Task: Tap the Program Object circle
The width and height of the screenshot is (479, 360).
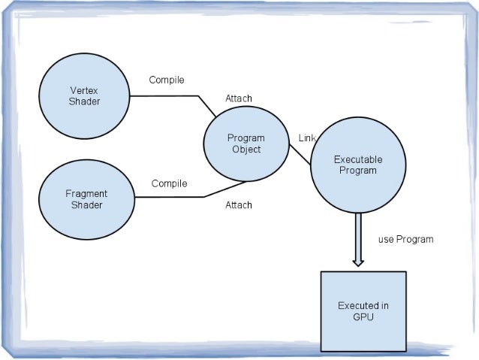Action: [x=246, y=144]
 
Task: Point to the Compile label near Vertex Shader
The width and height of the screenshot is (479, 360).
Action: [x=167, y=80]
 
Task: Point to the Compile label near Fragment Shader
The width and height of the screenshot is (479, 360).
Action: [x=169, y=183]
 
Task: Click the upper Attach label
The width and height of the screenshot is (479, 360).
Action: [x=239, y=98]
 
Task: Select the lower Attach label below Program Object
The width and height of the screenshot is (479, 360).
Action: [x=239, y=205]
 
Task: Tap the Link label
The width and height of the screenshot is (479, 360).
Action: [x=306, y=138]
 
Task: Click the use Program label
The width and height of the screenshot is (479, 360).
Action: [x=405, y=240]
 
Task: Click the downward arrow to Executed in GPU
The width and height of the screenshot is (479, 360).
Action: [x=358, y=241]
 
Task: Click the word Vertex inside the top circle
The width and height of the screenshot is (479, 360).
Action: [x=84, y=91]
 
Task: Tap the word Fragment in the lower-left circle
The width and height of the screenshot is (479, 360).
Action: [x=86, y=194]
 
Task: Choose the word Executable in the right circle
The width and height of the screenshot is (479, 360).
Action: [x=357, y=159]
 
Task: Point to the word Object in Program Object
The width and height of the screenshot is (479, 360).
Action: [x=246, y=150]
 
